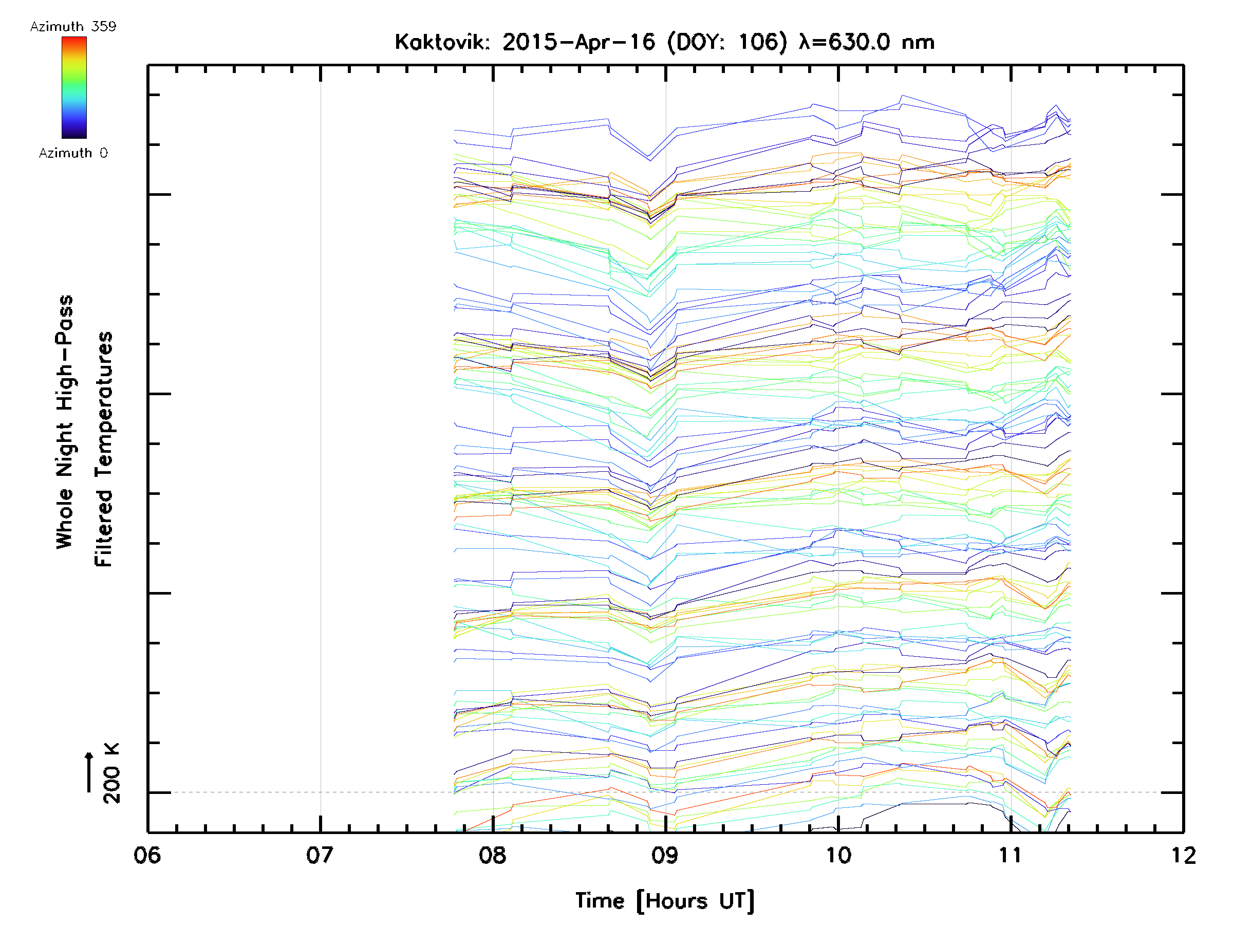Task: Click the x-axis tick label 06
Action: (x=147, y=855)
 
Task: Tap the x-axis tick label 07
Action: (x=320, y=855)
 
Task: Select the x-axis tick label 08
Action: (x=493, y=855)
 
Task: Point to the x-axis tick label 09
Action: (x=665, y=855)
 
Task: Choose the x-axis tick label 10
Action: (x=838, y=855)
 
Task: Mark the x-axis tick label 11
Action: (x=1011, y=855)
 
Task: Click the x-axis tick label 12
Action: (x=1183, y=855)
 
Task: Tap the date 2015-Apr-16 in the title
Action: (x=578, y=42)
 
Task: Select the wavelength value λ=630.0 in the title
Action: (x=844, y=42)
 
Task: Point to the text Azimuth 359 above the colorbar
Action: (x=73, y=26)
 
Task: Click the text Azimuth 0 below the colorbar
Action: (x=73, y=153)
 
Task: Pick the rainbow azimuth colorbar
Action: (x=74, y=87)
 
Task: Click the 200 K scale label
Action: (x=111, y=773)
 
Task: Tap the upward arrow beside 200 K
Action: (x=89, y=772)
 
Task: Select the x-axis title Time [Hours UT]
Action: (x=665, y=901)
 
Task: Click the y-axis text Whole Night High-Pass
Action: (x=65, y=422)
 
